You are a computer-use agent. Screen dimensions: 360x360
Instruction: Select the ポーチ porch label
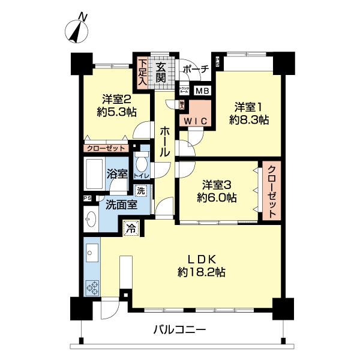click(x=195, y=70)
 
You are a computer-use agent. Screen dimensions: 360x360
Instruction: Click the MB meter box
click(x=202, y=91)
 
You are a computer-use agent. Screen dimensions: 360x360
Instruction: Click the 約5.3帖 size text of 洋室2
click(x=118, y=111)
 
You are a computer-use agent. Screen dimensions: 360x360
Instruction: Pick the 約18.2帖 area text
click(x=201, y=272)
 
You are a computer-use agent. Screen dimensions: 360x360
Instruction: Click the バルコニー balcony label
click(x=179, y=329)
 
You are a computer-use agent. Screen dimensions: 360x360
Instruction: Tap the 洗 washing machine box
click(x=140, y=191)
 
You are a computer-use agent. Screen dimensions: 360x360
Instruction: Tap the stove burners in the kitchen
click(x=94, y=287)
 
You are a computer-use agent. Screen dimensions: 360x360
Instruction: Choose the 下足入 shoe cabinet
click(x=142, y=70)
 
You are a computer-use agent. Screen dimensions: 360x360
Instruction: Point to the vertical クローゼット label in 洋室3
click(x=271, y=191)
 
